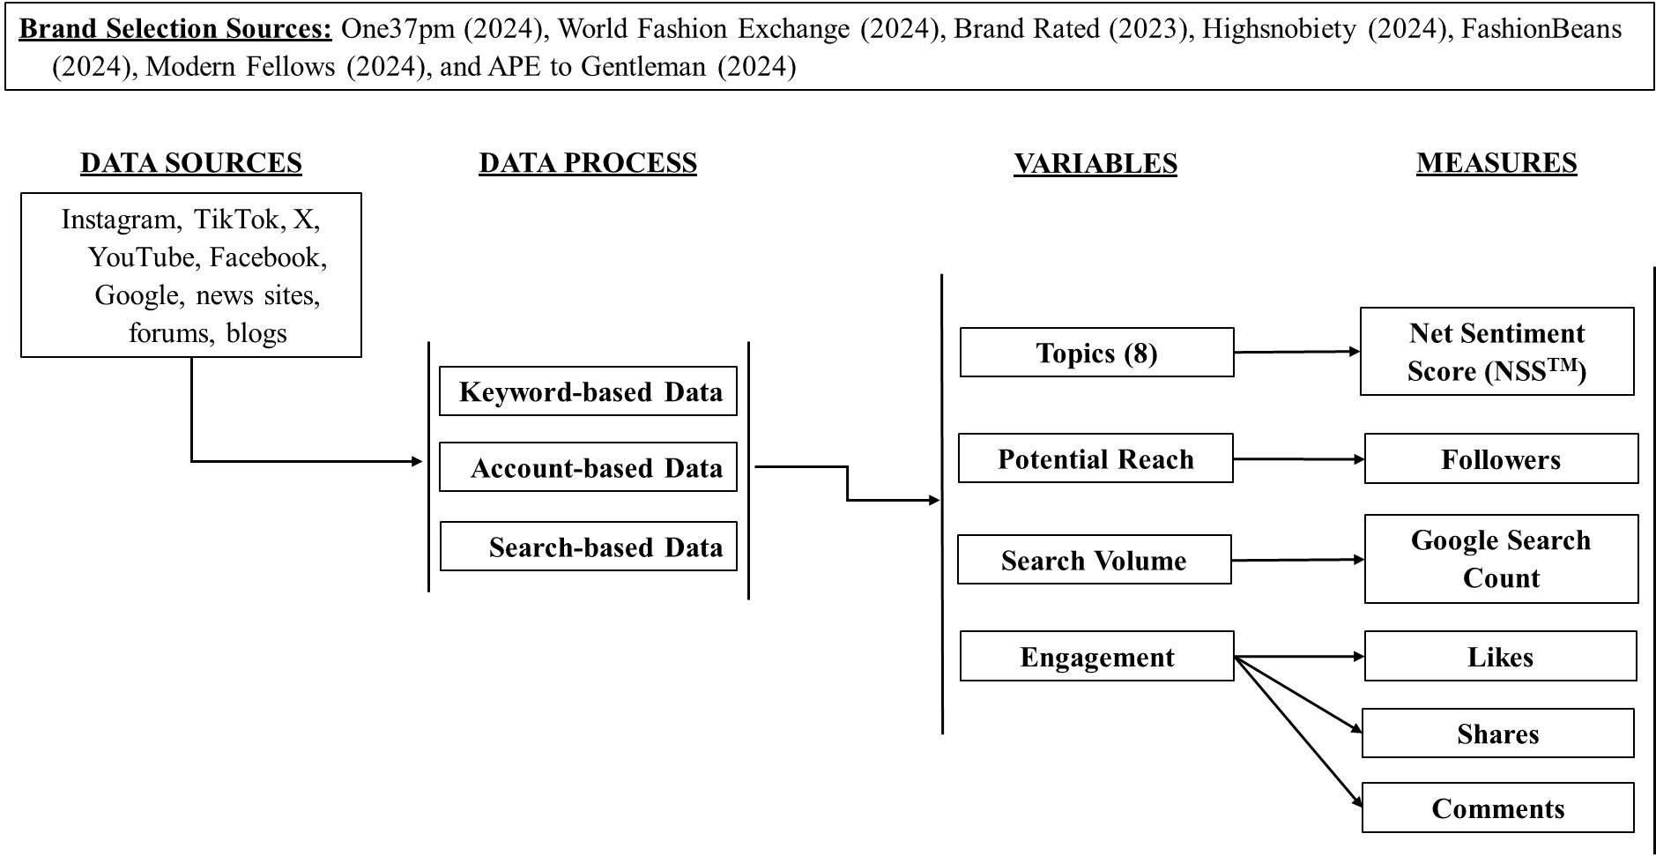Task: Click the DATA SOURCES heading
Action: point(191,163)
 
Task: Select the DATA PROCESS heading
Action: point(588,163)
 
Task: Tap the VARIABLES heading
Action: point(1095,163)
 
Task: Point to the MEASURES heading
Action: point(1496,163)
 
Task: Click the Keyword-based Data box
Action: point(588,391)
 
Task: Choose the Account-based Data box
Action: point(588,467)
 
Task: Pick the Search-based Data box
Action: point(588,547)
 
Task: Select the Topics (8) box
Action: point(1096,353)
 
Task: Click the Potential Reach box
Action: point(1095,458)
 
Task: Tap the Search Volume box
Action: point(1094,560)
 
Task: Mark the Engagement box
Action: point(1096,657)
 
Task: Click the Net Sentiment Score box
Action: point(1496,352)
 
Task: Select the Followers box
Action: point(1501,459)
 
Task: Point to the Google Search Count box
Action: point(1501,559)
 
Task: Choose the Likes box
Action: point(1500,657)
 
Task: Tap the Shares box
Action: point(1497,733)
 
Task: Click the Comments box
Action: point(1497,808)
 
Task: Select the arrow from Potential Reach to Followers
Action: point(1298,459)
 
